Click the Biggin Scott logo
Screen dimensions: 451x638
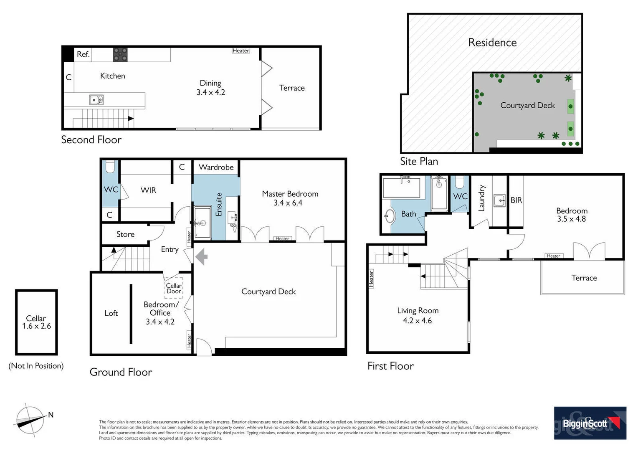[x=590, y=423]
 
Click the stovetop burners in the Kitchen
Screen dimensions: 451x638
[x=120, y=54]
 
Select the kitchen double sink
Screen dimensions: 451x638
[x=96, y=100]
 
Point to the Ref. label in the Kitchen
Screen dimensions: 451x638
[x=83, y=54]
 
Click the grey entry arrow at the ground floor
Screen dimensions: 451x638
[x=202, y=256]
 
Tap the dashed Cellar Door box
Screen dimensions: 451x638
[x=174, y=288]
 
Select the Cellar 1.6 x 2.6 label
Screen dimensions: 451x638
[x=36, y=322]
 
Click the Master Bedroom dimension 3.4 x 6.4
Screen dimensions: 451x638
[x=288, y=203]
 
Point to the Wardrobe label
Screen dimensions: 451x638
[x=216, y=167]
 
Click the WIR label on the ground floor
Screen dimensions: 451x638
[x=148, y=190]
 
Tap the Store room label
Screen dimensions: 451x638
[x=125, y=234]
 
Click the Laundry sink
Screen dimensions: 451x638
[x=499, y=200]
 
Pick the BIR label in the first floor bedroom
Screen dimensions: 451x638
[x=516, y=200]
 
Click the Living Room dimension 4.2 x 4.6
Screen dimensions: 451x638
[x=417, y=321]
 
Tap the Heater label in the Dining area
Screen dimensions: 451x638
[x=241, y=51]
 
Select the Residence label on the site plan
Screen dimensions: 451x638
[x=492, y=43]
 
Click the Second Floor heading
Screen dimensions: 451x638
[x=91, y=139]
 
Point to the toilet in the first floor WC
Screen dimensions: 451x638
[x=459, y=182]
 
